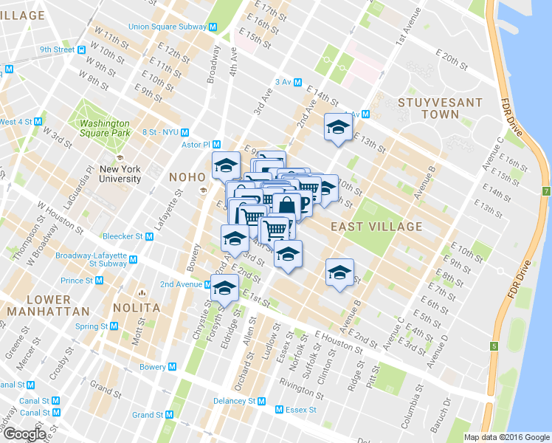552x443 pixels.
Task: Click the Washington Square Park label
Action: tap(105, 129)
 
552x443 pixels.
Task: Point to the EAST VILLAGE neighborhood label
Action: tap(376, 227)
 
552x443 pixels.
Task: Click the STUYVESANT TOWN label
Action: tap(440, 109)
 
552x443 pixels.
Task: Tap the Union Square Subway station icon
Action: tap(213, 27)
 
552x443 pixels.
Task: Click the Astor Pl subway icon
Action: tap(217, 145)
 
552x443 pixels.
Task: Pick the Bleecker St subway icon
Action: tap(150, 237)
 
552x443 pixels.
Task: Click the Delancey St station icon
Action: tap(262, 401)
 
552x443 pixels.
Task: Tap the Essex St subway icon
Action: tap(279, 410)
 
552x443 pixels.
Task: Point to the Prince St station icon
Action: tap(99, 281)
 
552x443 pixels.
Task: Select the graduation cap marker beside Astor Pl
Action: tap(226, 165)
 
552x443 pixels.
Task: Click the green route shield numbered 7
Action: tap(546, 191)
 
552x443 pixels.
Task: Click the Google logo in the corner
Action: tap(24, 435)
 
